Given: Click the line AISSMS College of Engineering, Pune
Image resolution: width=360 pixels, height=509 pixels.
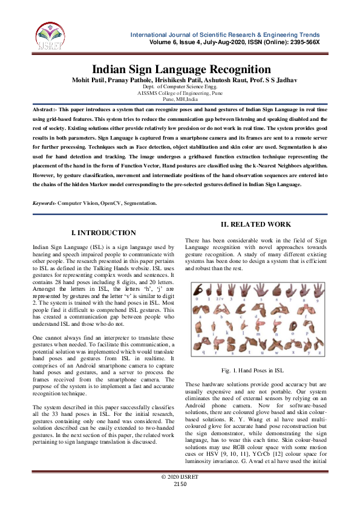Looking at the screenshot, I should pos(180,94).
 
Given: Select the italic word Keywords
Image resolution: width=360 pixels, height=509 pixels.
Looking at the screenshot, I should pos(44,203).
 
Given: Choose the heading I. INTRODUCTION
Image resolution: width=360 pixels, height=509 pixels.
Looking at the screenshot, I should pos(103,233).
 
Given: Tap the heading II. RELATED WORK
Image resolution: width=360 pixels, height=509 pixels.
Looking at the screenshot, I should pos(256,224).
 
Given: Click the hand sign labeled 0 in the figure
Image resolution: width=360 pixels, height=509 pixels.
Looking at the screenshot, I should pos(197,292).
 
